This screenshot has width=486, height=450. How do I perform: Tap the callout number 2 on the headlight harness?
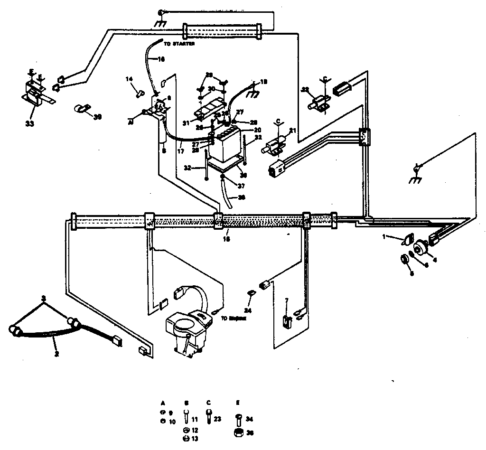tap(56, 354)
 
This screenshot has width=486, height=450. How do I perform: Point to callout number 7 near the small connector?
tap(286, 301)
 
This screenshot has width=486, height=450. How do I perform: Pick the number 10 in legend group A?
tap(172, 421)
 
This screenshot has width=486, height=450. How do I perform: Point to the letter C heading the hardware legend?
tap(209, 402)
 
